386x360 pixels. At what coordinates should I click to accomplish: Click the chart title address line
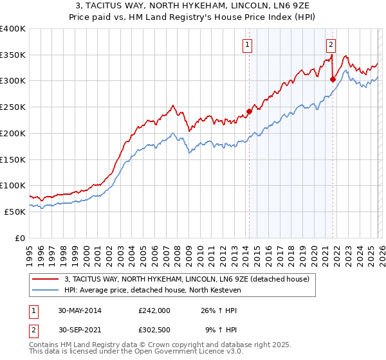click(193, 6)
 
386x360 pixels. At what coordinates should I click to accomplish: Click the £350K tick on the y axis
click(13, 55)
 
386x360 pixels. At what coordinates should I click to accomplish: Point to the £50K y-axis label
click(15, 212)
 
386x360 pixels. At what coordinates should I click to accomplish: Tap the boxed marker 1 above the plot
click(248, 44)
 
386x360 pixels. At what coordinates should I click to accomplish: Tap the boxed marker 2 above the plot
click(331, 44)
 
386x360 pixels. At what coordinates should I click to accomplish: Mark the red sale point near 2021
click(333, 80)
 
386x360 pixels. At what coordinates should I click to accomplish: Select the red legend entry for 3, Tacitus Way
click(187, 279)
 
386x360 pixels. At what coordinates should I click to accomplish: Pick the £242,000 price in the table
click(154, 310)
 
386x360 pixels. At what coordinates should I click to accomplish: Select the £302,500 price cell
click(154, 331)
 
